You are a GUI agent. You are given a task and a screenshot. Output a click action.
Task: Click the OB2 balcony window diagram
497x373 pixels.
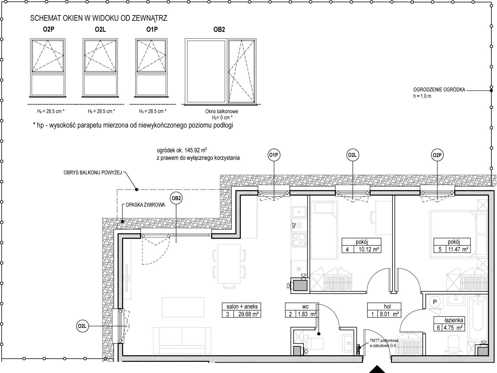(221, 72)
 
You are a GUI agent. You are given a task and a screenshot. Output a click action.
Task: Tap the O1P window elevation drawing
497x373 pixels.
(151, 68)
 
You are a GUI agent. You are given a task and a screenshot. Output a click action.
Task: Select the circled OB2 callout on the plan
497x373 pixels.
(176, 198)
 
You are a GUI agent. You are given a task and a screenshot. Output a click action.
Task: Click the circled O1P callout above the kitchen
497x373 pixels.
(274, 155)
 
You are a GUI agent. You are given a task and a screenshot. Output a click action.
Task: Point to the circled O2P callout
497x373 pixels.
(437, 155)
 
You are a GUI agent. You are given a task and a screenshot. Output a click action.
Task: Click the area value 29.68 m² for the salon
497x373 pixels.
(248, 314)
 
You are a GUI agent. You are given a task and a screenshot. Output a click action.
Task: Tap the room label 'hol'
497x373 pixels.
(387, 306)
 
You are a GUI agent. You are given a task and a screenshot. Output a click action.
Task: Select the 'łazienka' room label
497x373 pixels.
(454, 320)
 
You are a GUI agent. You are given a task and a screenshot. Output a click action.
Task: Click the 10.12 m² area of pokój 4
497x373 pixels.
(369, 250)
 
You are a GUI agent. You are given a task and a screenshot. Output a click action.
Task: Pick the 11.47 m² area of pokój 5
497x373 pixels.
(458, 249)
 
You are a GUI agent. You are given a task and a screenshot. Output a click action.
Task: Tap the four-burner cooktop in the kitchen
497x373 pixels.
(299, 240)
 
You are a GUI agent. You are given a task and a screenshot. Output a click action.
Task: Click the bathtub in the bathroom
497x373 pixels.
(478, 318)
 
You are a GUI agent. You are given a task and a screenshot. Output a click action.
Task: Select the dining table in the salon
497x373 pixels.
(229, 263)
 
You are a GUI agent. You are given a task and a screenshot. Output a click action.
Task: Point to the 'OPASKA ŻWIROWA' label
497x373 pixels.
(145, 205)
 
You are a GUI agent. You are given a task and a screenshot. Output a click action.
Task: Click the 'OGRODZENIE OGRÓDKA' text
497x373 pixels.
(439, 90)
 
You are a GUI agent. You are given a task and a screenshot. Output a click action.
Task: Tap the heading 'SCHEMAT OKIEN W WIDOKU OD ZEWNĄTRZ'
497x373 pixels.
(99, 18)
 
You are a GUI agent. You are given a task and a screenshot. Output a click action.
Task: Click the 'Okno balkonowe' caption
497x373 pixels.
(221, 111)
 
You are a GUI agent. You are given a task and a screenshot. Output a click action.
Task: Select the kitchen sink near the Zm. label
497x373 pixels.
(299, 212)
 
